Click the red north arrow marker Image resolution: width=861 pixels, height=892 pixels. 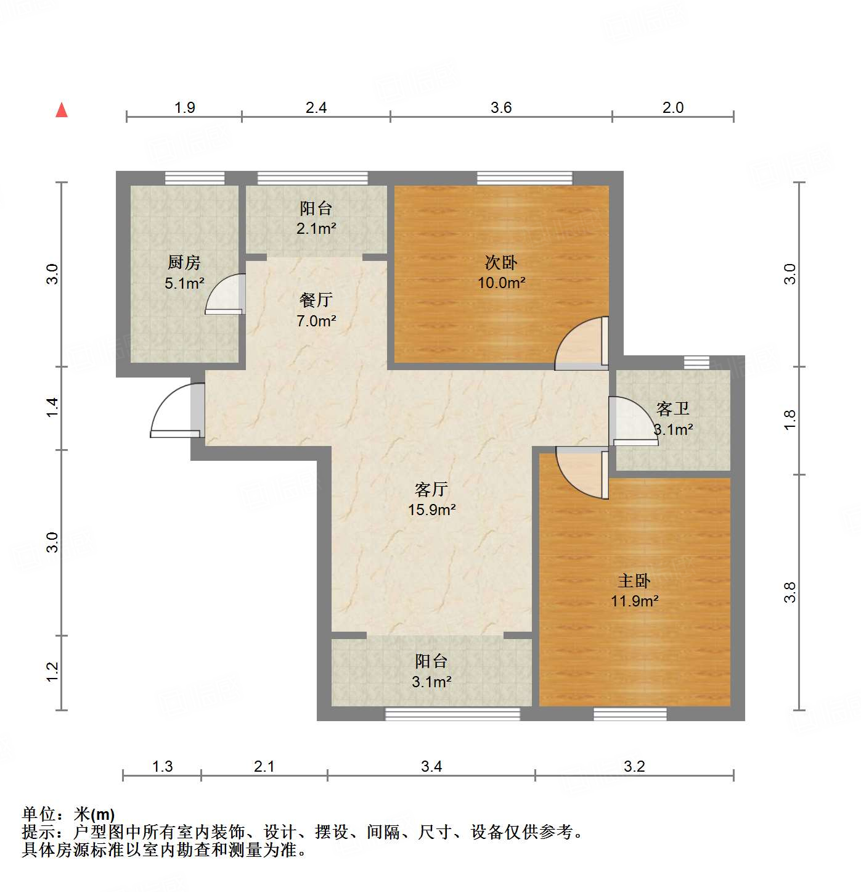62,110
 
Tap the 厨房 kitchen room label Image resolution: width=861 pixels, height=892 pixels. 184,263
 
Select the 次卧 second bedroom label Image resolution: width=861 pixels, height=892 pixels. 501,263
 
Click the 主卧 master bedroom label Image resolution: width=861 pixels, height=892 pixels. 634,581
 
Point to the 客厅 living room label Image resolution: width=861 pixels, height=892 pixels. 431,490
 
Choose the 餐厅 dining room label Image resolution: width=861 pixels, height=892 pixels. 316,300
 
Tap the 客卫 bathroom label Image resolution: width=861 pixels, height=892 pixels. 673,409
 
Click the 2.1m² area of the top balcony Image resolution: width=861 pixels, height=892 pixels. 316,229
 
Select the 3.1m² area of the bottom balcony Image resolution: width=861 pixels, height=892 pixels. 431,682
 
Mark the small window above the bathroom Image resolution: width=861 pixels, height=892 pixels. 696,363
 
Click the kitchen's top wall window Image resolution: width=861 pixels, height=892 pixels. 195,178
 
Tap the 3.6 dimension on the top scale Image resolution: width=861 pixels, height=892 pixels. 501,108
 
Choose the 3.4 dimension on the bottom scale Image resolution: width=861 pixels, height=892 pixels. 431,767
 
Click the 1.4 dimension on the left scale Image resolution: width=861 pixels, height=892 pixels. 53,408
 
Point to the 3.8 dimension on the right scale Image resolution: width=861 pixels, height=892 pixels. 790,592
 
